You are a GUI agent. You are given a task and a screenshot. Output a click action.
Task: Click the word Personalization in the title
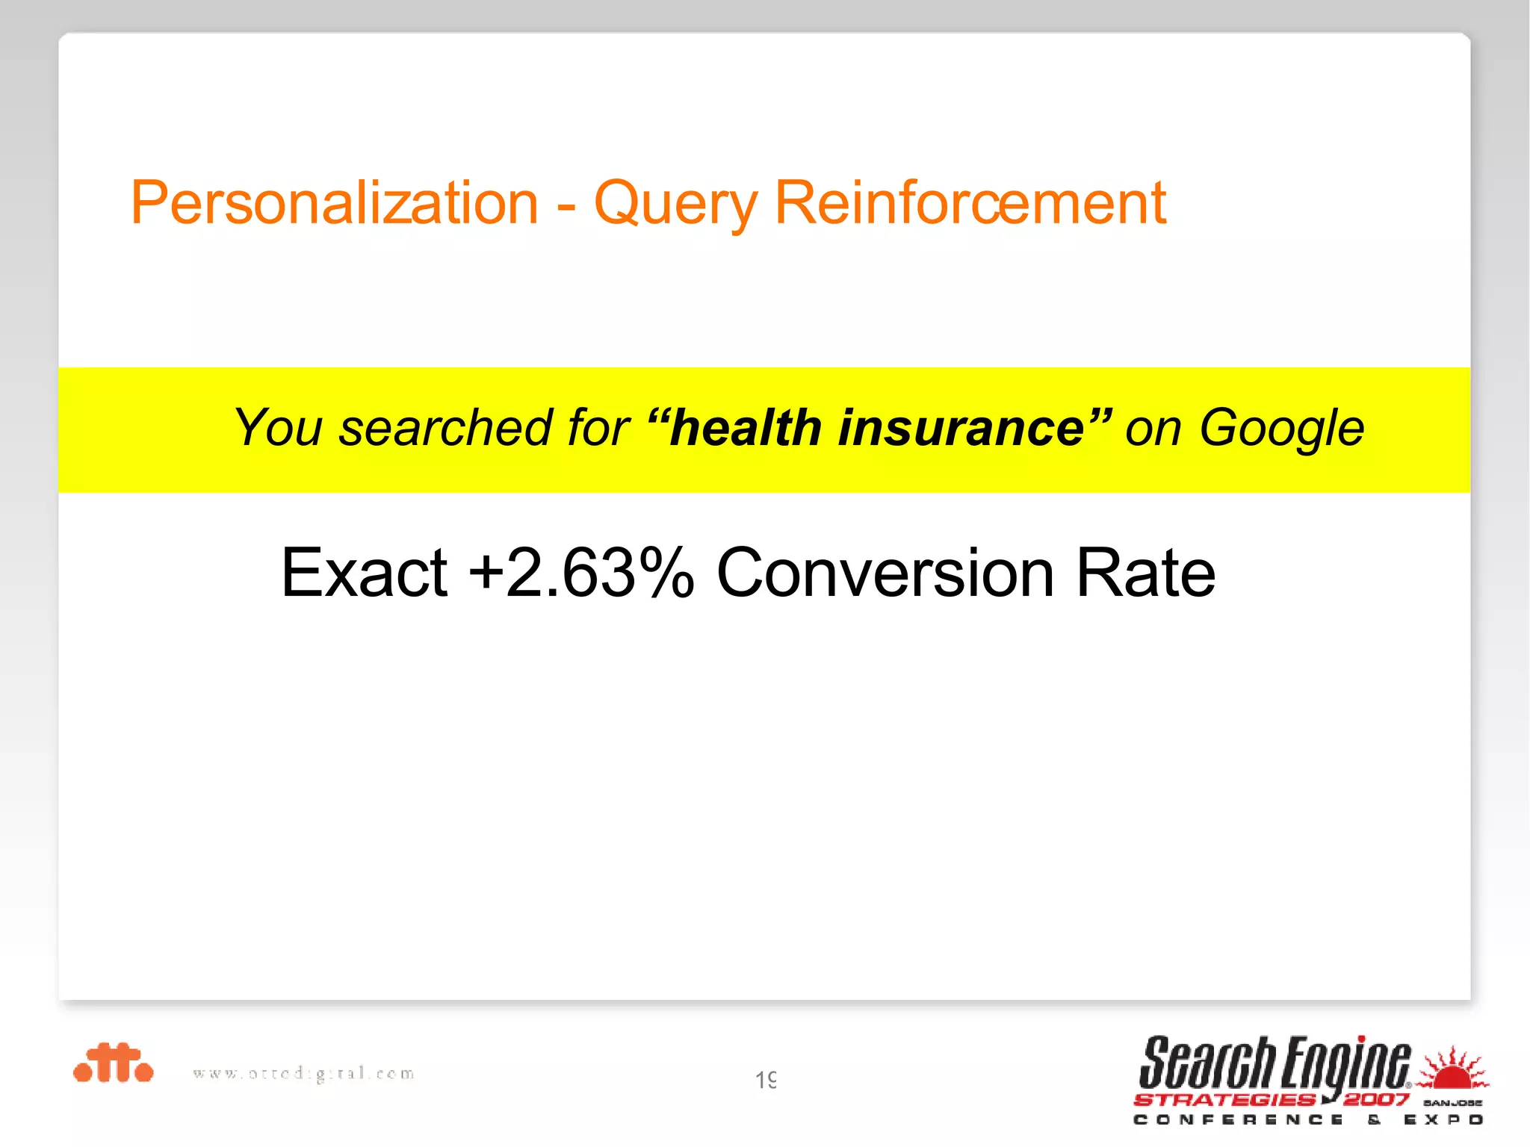[334, 203]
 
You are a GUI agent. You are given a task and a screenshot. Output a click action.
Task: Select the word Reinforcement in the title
[970, 203]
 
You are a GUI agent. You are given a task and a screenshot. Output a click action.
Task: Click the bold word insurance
[961, 428]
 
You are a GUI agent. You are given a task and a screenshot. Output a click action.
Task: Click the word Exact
[364, 573]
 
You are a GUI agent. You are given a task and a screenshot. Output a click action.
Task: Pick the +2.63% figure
[581, 573]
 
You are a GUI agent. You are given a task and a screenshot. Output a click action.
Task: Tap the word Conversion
[885, 573]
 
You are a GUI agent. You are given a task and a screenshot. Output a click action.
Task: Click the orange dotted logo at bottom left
[113, 1063]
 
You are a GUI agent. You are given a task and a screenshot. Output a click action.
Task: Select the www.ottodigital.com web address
[303, 1074]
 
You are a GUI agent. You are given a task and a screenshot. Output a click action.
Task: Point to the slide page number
[766, 1080]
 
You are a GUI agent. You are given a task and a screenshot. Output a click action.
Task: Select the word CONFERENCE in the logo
[1238, 1120]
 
